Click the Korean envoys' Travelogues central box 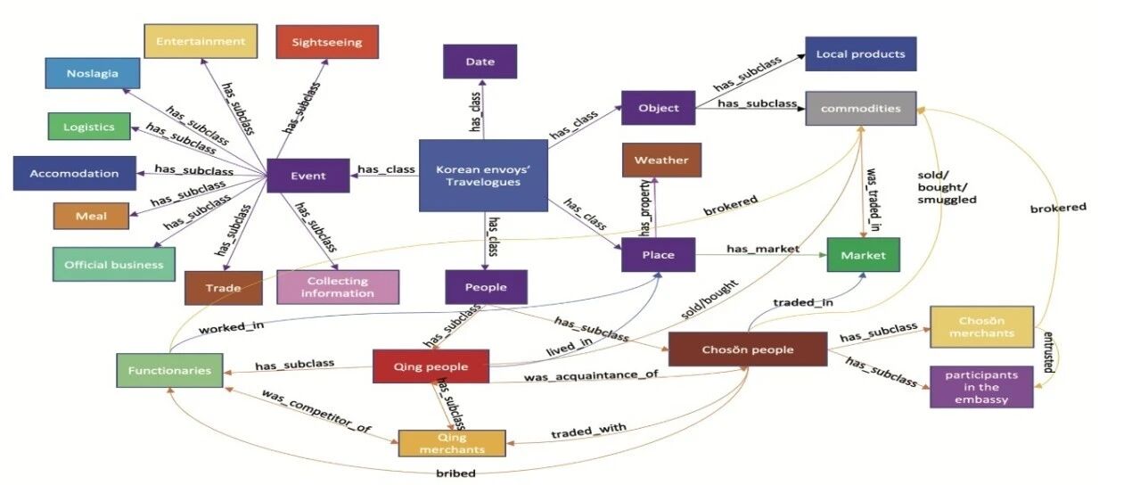pos(483,176)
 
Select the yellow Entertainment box pos(201,41)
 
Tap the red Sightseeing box pos(327,42)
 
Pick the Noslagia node pos(93,73)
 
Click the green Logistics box pos(89,127)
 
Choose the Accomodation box pos(74,173)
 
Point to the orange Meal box pos(91,216)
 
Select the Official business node pos(114,264)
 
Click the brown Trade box pos(224,288)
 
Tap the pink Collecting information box pos(338,287)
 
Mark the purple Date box pos(480,62)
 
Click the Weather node pos(661,160)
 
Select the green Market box pos(863,255)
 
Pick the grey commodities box pos(861,109)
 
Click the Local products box pos(861,54)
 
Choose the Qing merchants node pos(452,443)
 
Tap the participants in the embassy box pos(981,387)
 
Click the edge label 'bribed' pos(456,473)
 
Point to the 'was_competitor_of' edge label pos(316,411)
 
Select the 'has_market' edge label pos(763,249)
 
